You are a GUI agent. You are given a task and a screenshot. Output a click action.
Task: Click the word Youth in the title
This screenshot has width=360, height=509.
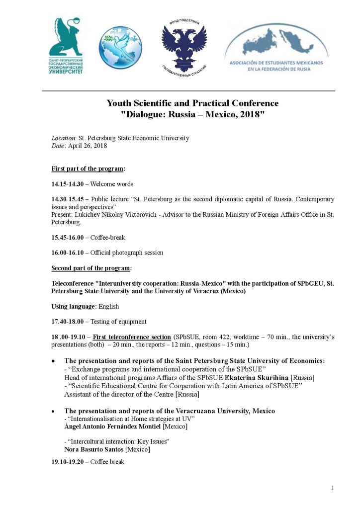(x=119, y=103)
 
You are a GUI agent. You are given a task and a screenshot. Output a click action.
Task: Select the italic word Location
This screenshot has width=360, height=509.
(x=64, y=138)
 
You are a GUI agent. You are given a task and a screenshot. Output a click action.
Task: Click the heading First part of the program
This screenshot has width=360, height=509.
(x=88, y=169)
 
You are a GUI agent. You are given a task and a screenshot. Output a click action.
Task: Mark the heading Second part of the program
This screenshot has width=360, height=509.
(x=90, y=268)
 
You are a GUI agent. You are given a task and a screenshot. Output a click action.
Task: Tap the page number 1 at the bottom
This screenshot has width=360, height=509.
(x=332, y=488)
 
